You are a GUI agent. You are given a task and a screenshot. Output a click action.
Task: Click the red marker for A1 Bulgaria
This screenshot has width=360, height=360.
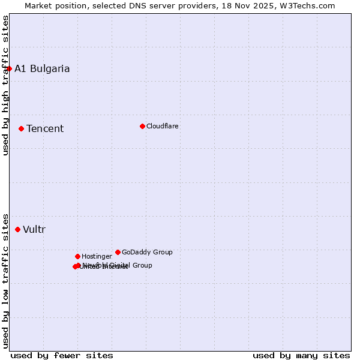pyautogui.click(x=9, y=68)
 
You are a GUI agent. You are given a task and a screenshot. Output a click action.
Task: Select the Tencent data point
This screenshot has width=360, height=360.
pyautogui.click(x=21, y=128)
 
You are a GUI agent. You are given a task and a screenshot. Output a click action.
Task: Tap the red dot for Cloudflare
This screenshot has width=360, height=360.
pyautogui.click(x=142, y=126)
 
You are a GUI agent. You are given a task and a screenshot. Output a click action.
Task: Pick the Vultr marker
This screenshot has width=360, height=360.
pyautogui.click(x=17, y=229)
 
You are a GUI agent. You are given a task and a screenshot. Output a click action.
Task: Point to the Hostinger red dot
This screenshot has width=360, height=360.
pyautogui.click(x=77, y=256)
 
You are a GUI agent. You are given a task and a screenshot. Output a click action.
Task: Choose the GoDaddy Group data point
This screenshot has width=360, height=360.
pyautogui.click(x=118, y=252)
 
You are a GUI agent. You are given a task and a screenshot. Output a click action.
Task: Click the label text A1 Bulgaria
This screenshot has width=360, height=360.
pyautogui.click(x=42, y=68)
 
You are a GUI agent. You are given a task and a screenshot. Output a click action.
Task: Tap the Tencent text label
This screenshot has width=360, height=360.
pyautogui.click(x=45, y=128)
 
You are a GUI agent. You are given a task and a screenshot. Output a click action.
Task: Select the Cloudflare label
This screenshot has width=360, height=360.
pyautogui.click(x=163, y=126)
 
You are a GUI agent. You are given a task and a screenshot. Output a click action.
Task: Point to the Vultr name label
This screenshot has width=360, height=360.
pyautogui.click(x=34, y=229)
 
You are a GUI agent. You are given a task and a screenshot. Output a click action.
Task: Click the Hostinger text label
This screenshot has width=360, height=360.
pyautogui.click(x=97, y=256)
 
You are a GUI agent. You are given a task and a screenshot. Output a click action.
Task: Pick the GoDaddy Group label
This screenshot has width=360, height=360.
pyautogui.click(x=147, y=252)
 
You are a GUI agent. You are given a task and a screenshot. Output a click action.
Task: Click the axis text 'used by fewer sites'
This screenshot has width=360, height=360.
pyautogui.click(x=62, y=355)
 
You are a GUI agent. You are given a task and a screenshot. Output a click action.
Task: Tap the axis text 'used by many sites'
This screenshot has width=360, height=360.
pyautogui.click(x=301, y=355)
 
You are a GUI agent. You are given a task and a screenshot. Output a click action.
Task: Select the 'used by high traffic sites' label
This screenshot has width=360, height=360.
pyautogui.click(x=6, y=85)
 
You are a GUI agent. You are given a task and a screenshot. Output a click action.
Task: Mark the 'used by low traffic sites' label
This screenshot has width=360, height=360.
pyautogui.click(x=6, y=280)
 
